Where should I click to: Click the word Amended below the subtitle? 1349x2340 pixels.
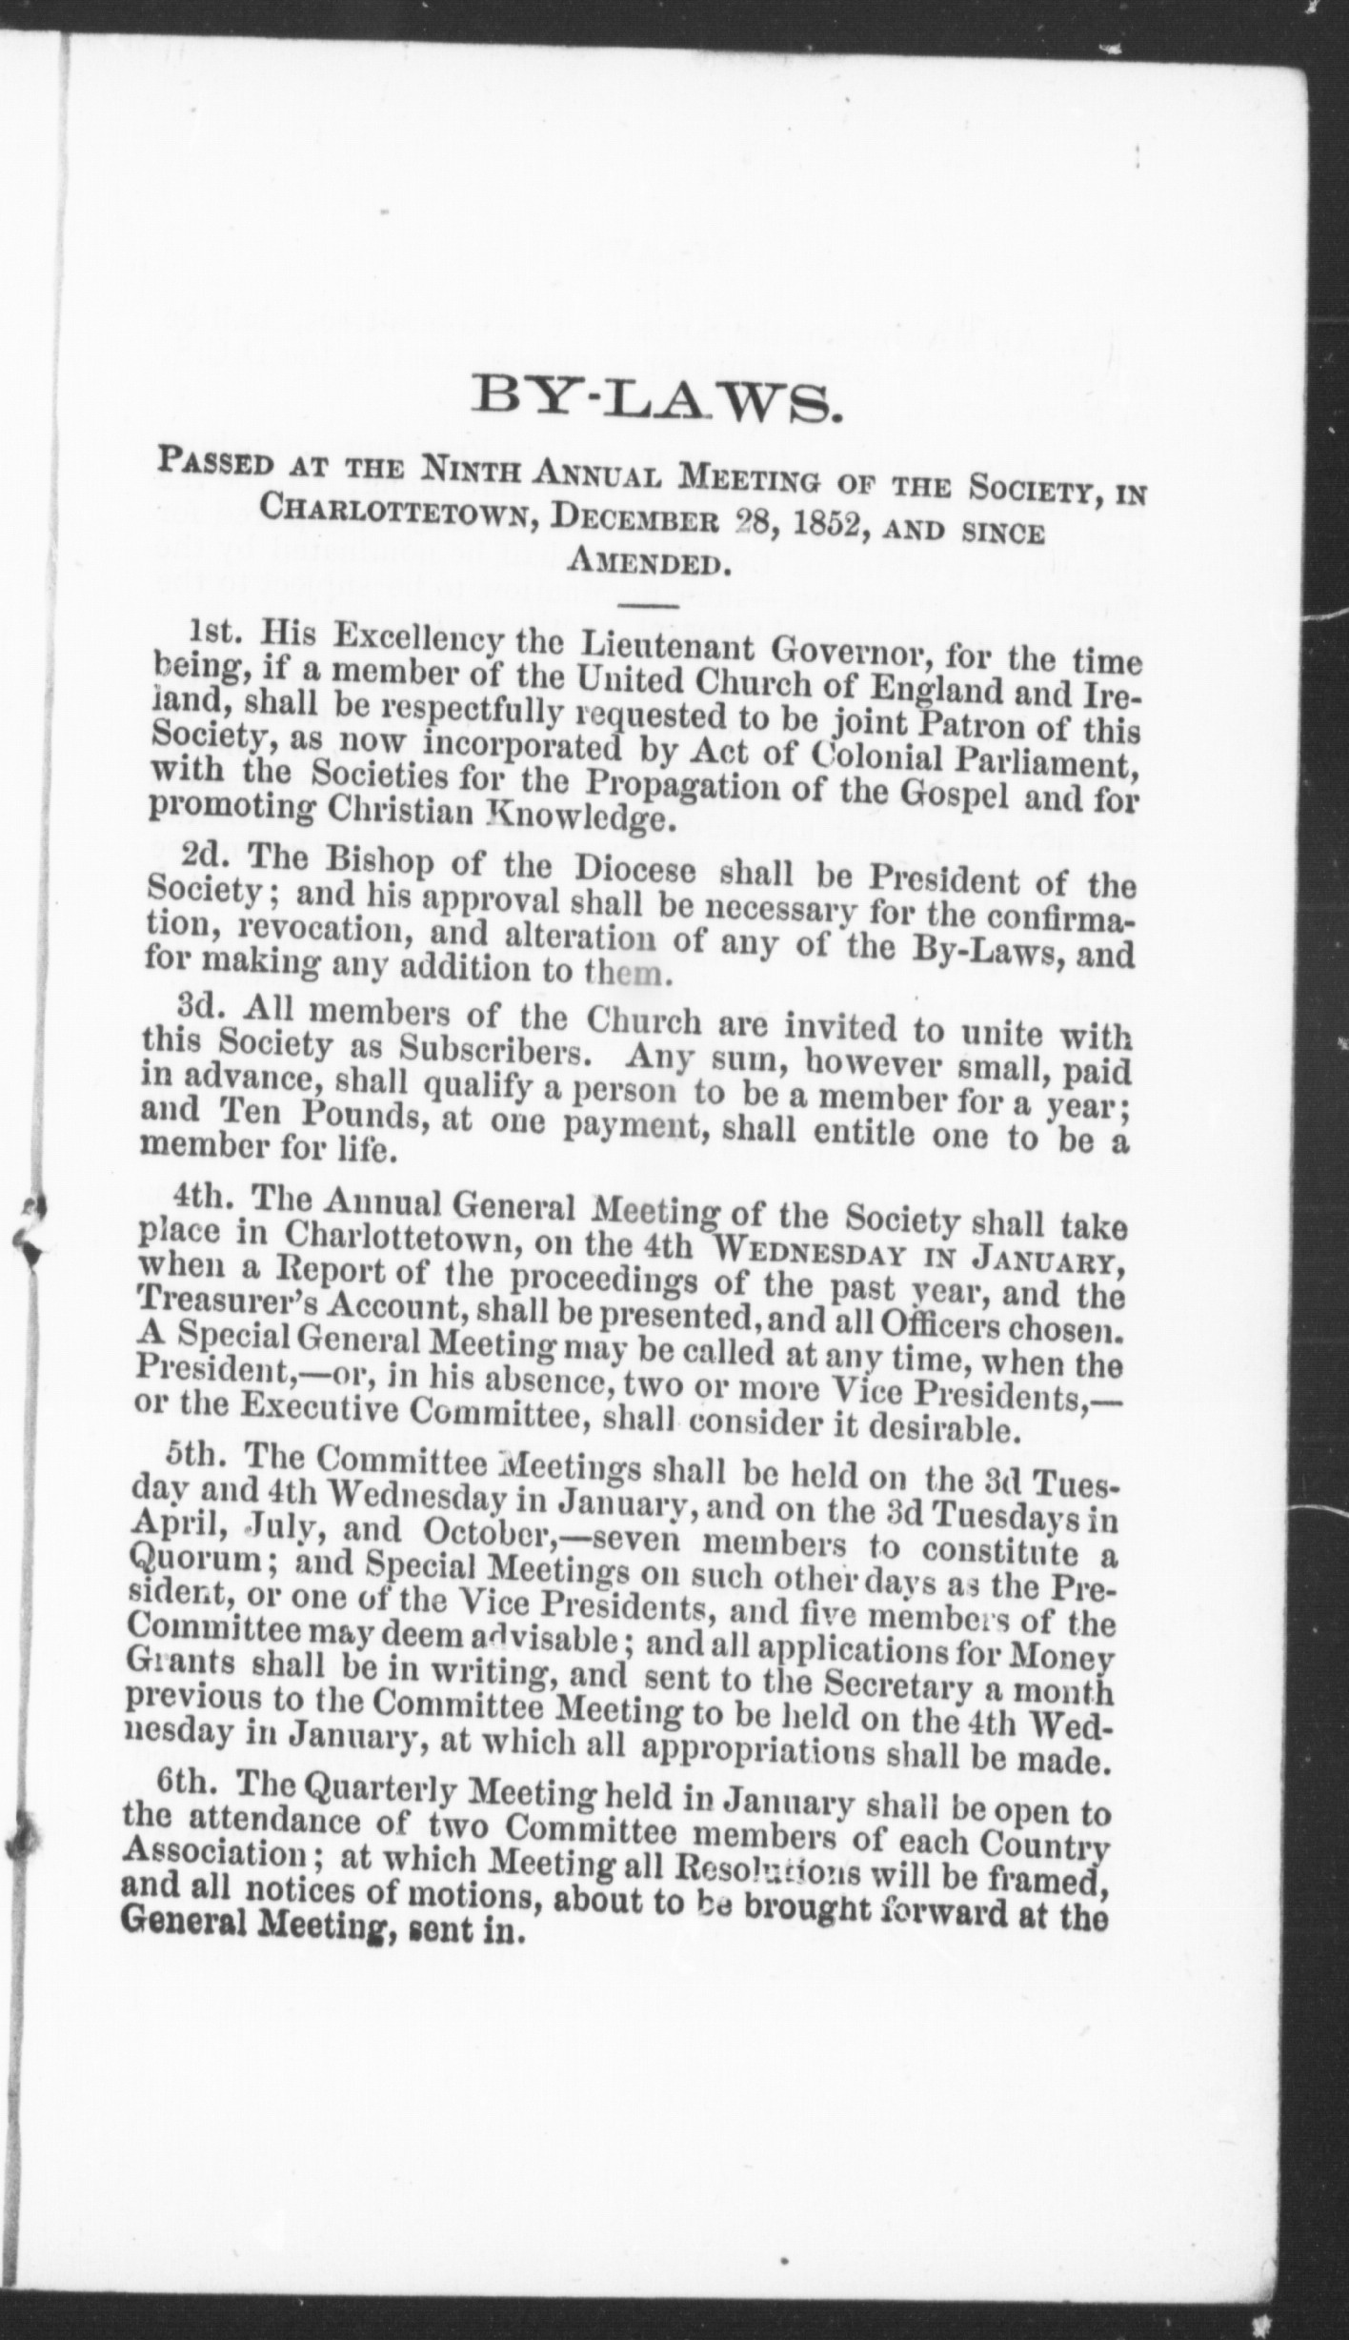pyautogui.click(x=648, y=562)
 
